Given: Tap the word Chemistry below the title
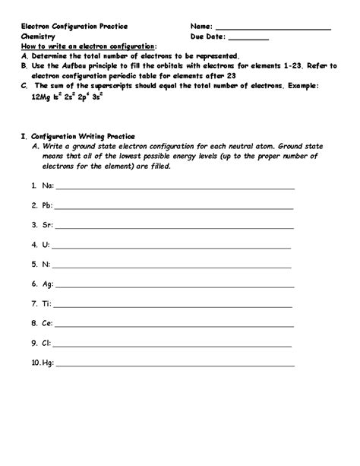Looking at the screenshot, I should click(39, 36).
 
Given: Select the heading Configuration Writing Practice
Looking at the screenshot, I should click(80, 137).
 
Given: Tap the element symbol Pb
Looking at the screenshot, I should click(46, 205).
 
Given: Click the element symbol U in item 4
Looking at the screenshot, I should click(45, 245).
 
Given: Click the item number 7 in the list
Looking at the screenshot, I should click(34, 304).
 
